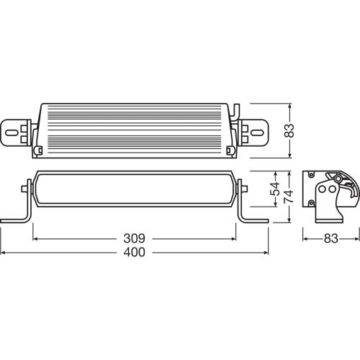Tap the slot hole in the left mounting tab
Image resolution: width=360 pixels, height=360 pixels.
click(12, 132)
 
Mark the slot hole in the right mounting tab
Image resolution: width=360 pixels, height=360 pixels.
click(258, 132)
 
